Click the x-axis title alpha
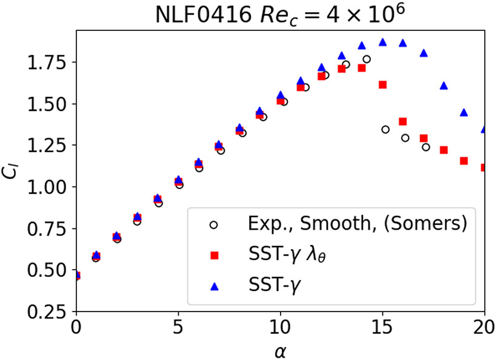[280, 349]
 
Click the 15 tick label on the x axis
[382, 328]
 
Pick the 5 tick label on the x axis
[178, 328]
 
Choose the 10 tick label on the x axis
[280, 328]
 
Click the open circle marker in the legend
[214, 225]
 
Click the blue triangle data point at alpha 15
[382, 42]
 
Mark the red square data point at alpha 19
[464, 161]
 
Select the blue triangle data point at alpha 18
[444, 86]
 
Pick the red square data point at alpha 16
[403, 122]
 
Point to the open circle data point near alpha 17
[426, 147]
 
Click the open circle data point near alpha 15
[385, 130]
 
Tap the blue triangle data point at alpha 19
[464, 113]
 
